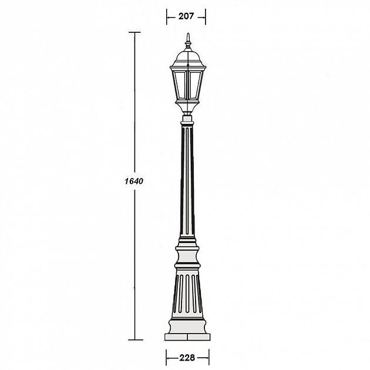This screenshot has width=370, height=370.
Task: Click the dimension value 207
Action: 186,17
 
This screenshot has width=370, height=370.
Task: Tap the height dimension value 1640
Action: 134,181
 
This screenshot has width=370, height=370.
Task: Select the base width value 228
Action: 186,356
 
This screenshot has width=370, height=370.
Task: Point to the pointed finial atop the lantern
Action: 187,42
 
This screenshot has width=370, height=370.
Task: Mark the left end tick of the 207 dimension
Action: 167,17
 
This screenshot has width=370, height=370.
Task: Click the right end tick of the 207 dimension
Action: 206,17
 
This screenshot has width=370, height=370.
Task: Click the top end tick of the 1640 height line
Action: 137,32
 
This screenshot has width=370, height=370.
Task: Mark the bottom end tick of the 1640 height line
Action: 137,339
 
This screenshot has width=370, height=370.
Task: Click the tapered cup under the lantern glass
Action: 187,107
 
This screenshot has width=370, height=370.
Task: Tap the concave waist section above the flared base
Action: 187,258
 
